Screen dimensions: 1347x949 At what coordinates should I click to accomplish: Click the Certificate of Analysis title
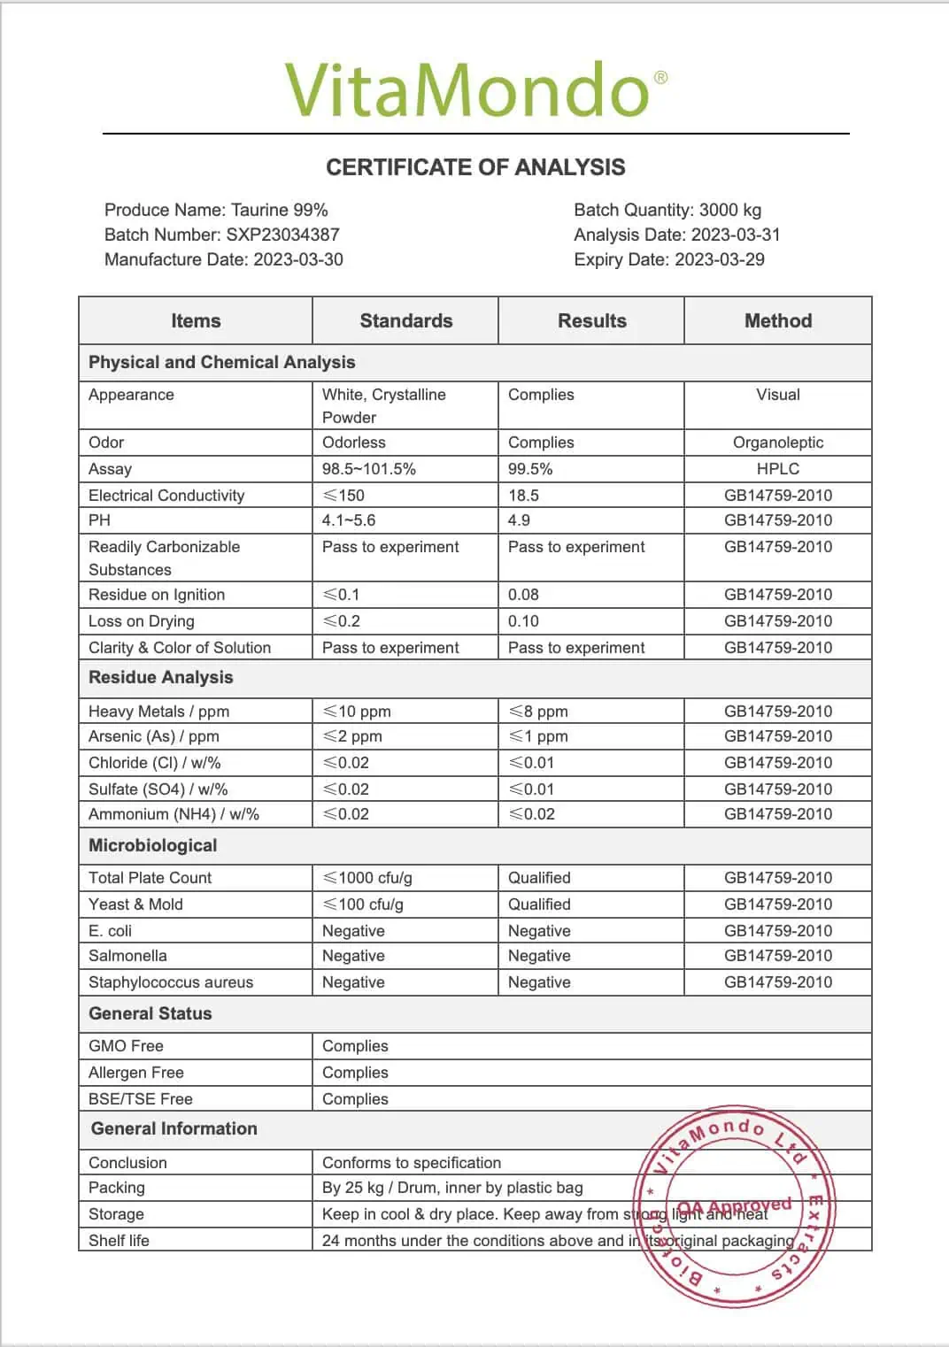(475, 167)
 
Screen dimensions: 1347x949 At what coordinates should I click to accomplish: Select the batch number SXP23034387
(282, 235)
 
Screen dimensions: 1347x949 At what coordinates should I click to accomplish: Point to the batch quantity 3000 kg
(729, 210)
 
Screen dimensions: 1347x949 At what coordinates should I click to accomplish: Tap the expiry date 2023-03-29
(719, 259)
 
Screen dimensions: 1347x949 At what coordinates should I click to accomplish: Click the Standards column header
(405, 320)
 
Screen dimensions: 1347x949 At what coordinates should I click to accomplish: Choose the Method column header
(777, 320)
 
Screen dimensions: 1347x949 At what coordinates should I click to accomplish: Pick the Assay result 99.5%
(530, 469)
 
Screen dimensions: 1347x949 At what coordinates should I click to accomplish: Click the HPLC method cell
(777, 469)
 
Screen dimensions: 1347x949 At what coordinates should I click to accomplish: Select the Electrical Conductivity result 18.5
(523, 496)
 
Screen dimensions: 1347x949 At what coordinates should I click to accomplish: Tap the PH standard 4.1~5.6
(349, 520)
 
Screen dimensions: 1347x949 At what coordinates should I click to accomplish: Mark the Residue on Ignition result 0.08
(523, 595)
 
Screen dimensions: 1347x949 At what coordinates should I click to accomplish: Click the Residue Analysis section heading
(160, 677)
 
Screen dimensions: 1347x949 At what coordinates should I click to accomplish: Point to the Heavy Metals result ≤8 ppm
(538, 712)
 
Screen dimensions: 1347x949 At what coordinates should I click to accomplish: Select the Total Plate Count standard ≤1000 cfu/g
(367, 878)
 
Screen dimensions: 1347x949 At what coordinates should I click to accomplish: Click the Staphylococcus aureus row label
(170, 982)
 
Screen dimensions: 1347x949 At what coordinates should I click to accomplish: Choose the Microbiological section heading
(152, 845)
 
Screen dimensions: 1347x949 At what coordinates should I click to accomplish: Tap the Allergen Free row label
(135, 1073)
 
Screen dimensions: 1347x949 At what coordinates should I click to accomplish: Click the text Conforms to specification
(411, 1163)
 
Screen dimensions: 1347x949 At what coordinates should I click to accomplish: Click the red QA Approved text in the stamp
(735, 1207)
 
